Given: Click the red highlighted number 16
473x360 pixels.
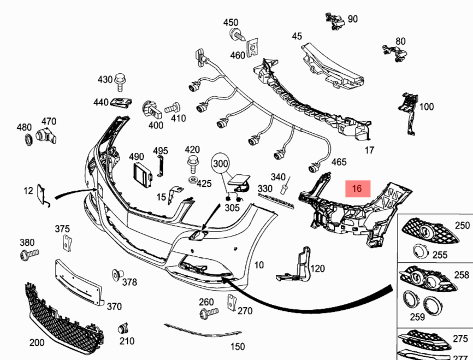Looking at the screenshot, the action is pos(357,188).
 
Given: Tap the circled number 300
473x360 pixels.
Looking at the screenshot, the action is pos(221,163).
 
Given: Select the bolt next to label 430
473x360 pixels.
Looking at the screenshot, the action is pos(120,81).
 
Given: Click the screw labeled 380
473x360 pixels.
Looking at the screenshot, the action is pos(29,254).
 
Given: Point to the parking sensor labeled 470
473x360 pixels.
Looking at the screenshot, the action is pos(46,137).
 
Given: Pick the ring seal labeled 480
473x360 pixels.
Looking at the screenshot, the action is pos(28,139).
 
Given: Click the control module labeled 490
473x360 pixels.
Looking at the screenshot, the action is pos(143,175).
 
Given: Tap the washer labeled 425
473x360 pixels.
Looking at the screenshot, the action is pos(192,180).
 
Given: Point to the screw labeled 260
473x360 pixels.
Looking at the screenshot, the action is pos(208,312).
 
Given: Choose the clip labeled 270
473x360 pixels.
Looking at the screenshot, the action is pos(232,302).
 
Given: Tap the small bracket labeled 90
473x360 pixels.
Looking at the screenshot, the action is pos(335,21).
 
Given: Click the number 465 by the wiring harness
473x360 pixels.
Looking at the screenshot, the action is pos(339,162).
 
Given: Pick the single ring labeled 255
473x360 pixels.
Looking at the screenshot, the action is pos(420,251).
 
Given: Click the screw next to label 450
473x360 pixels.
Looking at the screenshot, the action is pos(238,34).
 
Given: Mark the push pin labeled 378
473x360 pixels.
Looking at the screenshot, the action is pos(117,275).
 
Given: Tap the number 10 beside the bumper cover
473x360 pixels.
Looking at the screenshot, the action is pos(259,265).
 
